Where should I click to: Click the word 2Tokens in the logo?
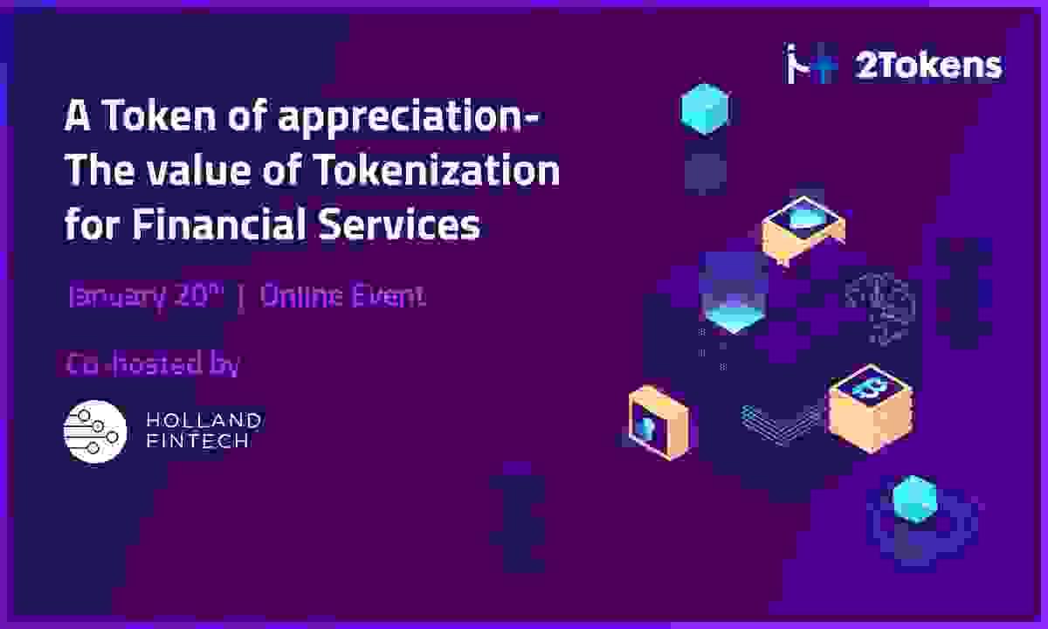coord(929,66)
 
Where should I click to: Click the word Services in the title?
coord(400,224)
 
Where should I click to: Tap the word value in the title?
coord(198,170)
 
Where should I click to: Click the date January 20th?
coord(146,296)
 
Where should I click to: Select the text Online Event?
coord(343,296)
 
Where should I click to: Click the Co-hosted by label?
coord(153,364)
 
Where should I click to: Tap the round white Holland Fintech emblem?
coord(95,432)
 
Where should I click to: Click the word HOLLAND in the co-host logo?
coord(204,420)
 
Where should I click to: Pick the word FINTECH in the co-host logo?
coord(197,441)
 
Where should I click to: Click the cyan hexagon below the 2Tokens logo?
coord(705,108)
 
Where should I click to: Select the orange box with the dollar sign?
coord(870,409)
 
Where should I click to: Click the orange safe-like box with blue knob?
coord(659,423)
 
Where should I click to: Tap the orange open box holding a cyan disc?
coord(803,229)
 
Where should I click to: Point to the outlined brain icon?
coord(880,307)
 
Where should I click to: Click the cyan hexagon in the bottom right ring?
coord(914,499)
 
